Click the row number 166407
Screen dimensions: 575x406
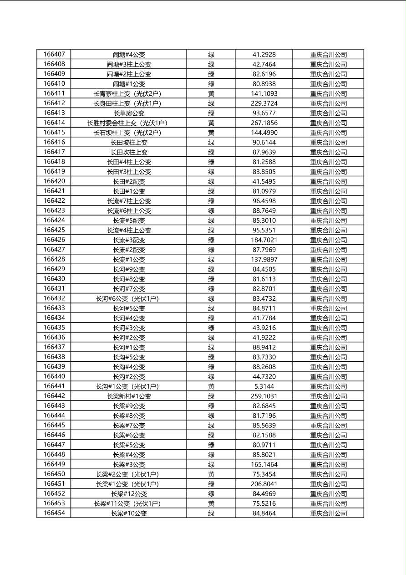tap(54, 54)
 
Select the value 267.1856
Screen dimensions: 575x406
tap(264, 123)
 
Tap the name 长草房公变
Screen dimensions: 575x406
tap(129, 113)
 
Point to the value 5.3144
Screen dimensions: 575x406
tap(264, 386)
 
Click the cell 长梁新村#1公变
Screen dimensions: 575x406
tap(129, 396)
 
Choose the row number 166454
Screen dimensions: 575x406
tap(54, 513)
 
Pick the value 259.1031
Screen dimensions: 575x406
tap(264, 396)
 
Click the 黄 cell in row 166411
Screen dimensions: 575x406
tap(211, 93)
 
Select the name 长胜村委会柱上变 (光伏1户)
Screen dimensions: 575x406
tap(129, 123)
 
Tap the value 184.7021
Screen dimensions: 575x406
tap(264, 240)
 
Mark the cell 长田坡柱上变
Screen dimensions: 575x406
tap(129, 142)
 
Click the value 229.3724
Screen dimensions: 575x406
tap(264, 103)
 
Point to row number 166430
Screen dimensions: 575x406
tap(54, 279)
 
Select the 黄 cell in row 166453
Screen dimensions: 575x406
tap(211, 503)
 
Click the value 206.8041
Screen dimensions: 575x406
tap(264, 484)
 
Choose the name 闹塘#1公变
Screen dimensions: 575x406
tap(129, 84)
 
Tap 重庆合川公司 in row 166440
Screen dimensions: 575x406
tap(328, 376)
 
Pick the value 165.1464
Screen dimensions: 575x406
tap(264, 464)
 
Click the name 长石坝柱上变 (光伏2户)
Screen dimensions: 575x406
tap(129, 133)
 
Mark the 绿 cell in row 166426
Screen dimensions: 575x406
tap(211, 240)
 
